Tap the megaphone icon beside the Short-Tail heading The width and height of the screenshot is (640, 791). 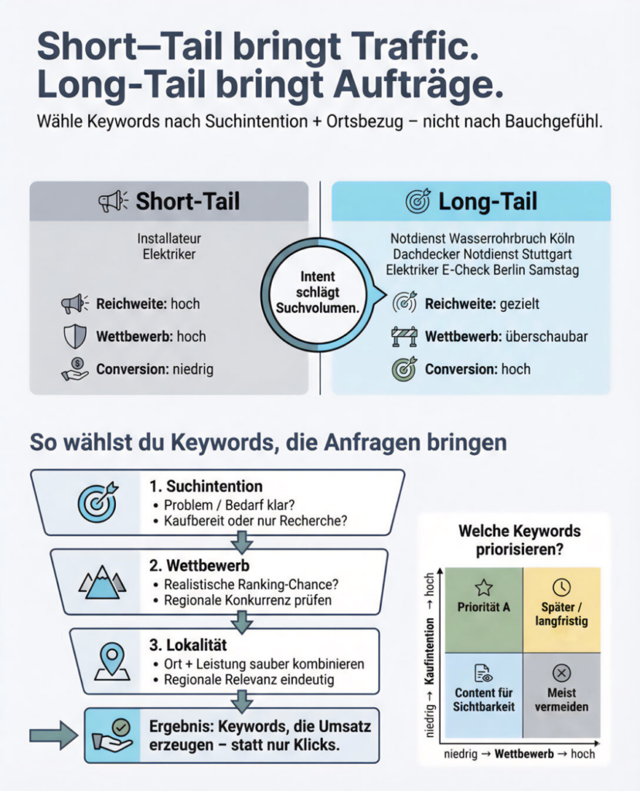[x=113, y=202]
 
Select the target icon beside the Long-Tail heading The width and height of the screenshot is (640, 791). [x=418, y=202]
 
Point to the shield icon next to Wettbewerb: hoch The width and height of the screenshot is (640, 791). [x=74, y=336]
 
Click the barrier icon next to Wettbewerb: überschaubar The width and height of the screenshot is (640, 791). [x=404, y=336]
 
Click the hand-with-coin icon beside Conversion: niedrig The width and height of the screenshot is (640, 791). [x=74, y=368]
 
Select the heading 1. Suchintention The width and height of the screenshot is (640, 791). [x=206, y=487]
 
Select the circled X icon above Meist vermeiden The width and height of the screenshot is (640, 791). [x=562, y=672]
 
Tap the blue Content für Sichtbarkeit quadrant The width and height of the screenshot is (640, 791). [x=484, y=692]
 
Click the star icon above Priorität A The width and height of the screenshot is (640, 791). [x=484, y=587]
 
